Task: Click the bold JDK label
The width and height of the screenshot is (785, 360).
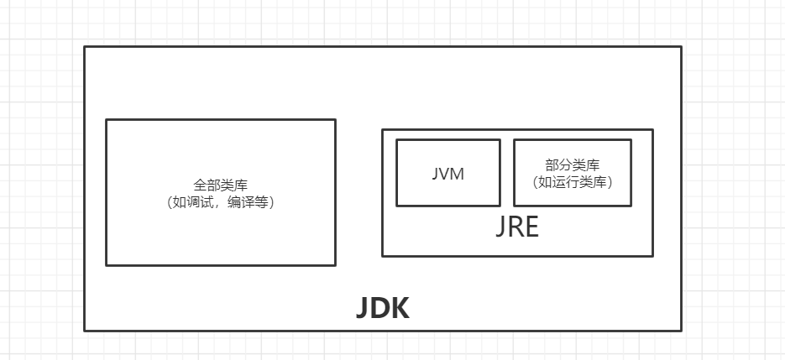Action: (383, 309)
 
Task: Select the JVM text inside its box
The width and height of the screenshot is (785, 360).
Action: (447, 175)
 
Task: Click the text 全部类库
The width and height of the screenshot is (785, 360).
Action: (220, 185)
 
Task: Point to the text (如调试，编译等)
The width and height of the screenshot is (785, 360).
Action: (220, 202)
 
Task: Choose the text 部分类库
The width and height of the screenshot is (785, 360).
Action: (572, 165)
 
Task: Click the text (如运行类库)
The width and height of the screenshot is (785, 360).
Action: (572, 180)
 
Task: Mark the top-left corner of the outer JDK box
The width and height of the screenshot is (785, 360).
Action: (85, 47)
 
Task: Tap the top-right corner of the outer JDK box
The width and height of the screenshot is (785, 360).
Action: (681, 47)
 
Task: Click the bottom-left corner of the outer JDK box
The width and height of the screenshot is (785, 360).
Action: (85, 330)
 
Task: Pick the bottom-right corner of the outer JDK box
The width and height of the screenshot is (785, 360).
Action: (681, 330)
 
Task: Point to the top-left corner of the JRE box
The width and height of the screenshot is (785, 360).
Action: (383, 129)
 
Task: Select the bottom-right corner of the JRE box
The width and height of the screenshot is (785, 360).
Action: (652, 255)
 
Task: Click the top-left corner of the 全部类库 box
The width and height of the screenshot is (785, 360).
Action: (107, 120)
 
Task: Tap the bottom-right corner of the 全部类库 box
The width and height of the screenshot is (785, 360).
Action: (335, 264)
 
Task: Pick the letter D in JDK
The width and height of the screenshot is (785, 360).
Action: (380, 309)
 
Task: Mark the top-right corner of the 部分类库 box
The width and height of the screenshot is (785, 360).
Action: (631, 140)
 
